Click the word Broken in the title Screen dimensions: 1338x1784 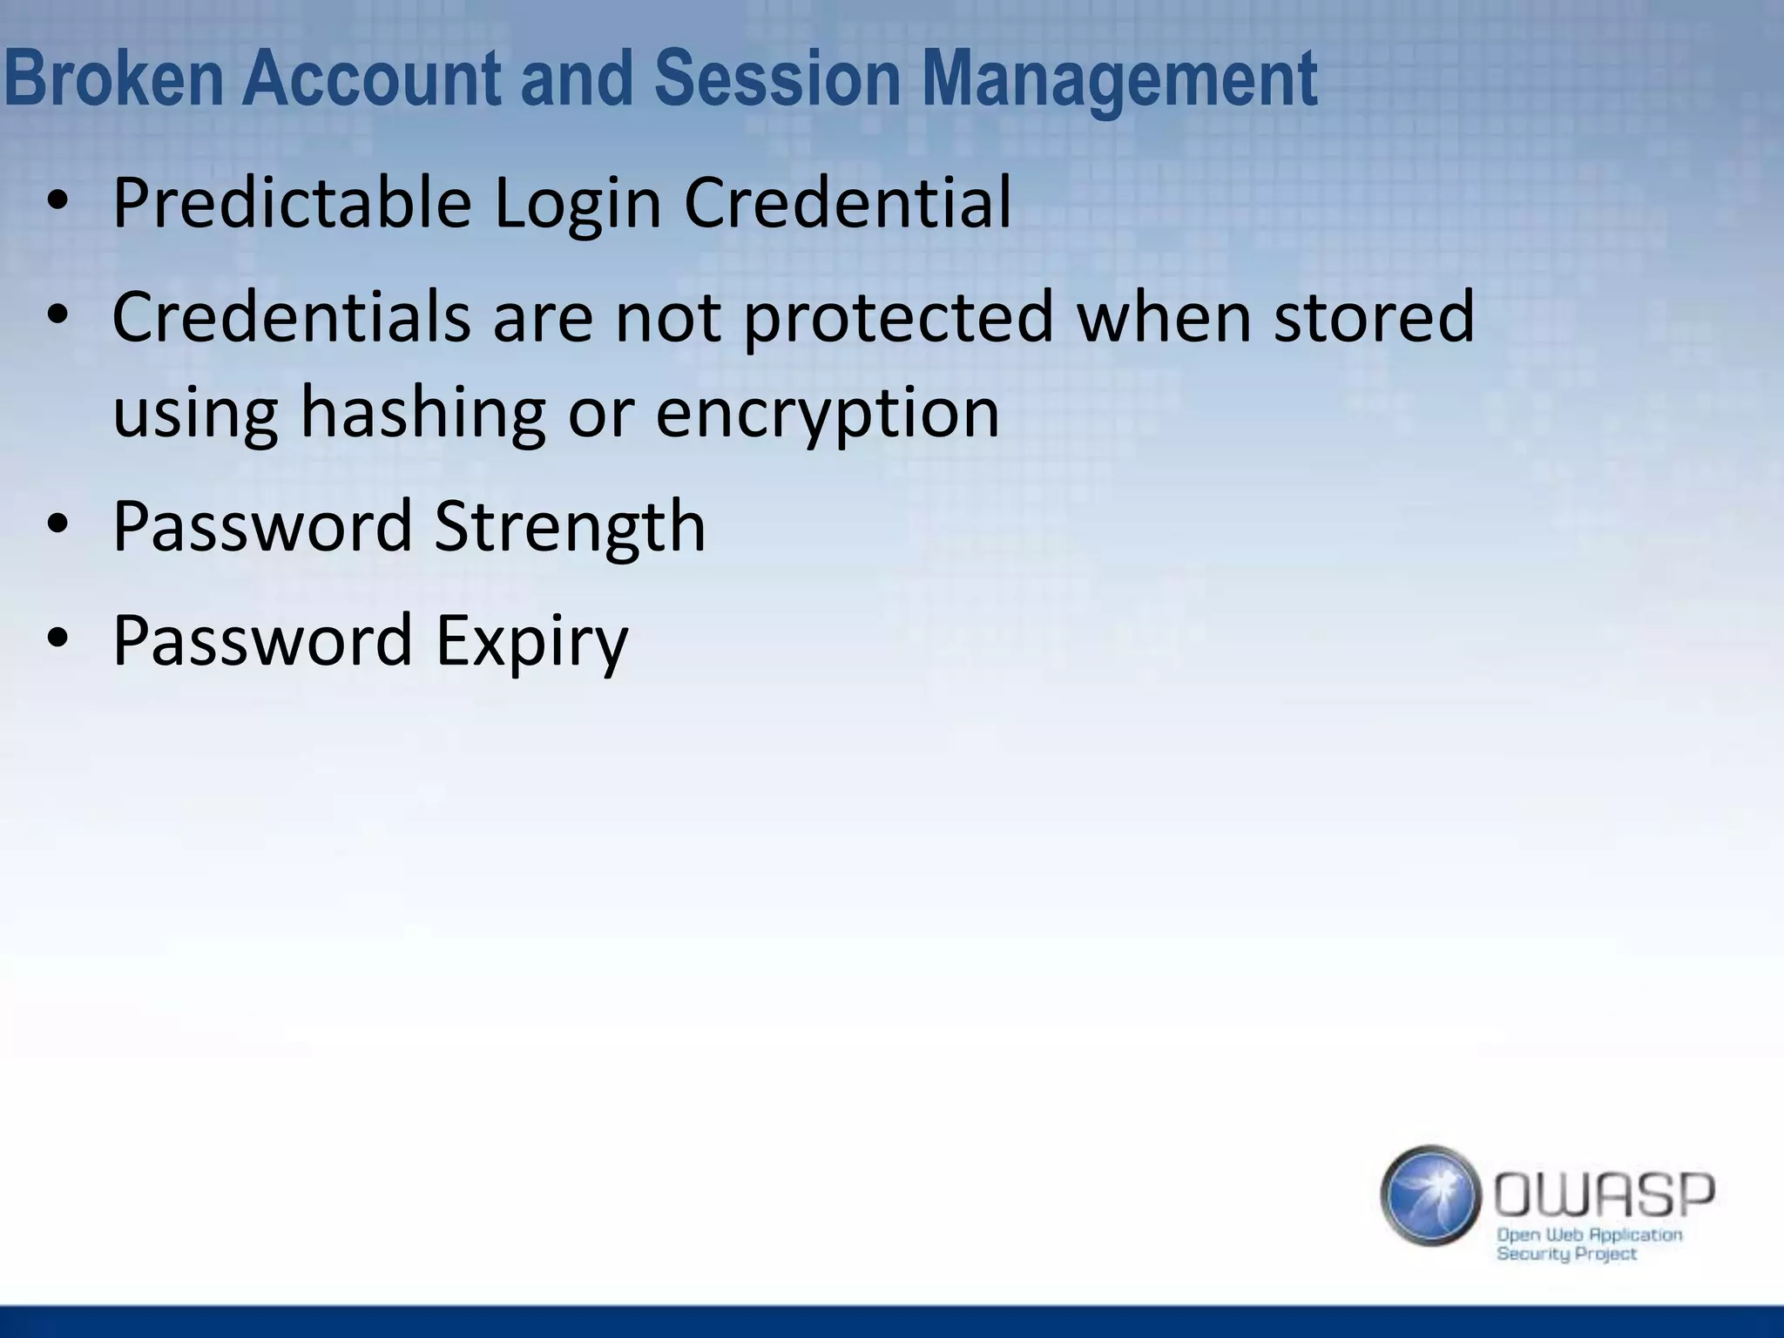[114, 78]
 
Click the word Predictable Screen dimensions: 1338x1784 [292, 203]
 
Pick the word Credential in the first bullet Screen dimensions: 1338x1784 [848, 203]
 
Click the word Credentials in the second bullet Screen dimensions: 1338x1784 [292, 317]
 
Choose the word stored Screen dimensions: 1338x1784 [1374, 317]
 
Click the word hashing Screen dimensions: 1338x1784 [422, 414]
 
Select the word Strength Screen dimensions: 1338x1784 [570, 528]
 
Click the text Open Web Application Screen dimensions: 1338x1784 [1589, 1234]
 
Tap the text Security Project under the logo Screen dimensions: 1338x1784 [1566, 1254]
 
